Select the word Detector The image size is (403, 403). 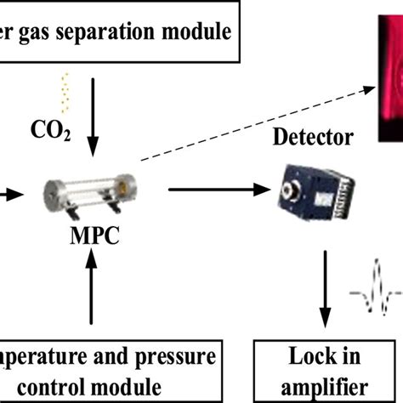[314, 136]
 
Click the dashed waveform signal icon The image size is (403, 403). [373, 297]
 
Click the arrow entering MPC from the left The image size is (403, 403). [10, 194]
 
